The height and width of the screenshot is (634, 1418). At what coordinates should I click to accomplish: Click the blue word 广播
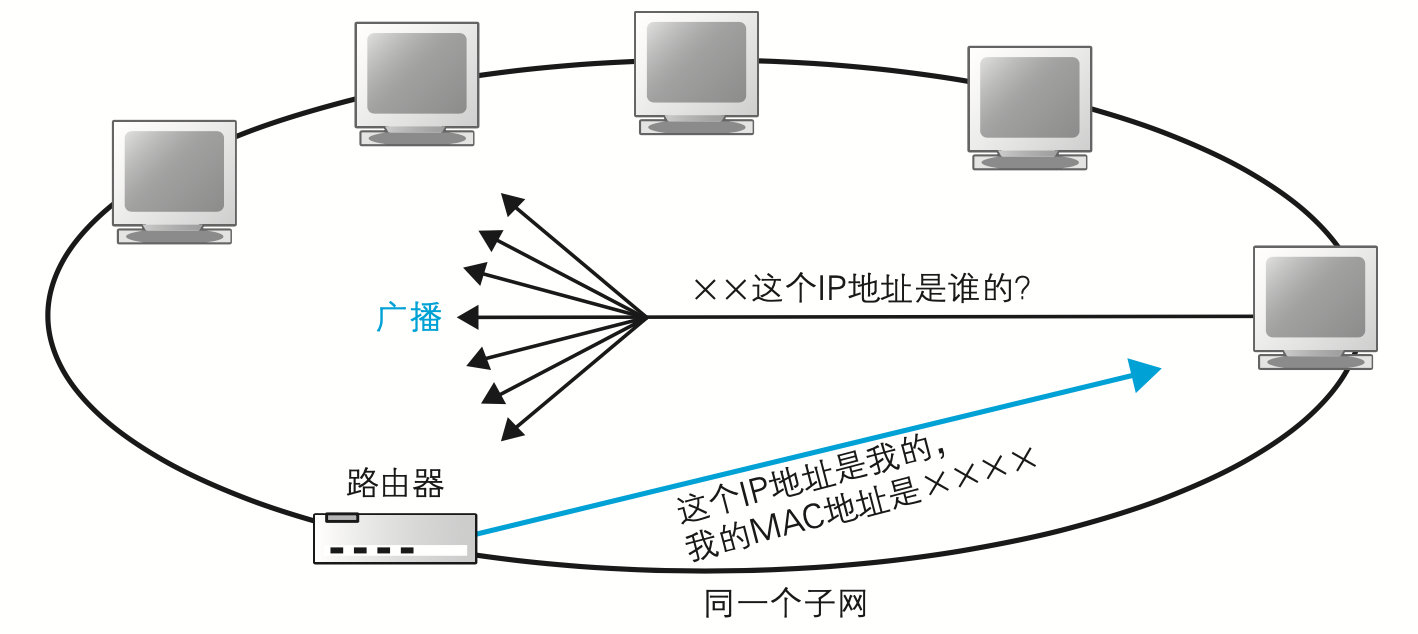click(x=409, y=317)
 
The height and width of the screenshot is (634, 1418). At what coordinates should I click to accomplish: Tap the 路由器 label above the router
click(x=395, y=484)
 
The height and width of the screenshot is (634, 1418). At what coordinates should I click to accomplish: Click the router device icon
click(x=395, y=538)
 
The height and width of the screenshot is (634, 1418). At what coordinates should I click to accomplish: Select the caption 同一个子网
click(x=785, y=605)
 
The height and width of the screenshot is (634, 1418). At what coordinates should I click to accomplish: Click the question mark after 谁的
click(x=1022, y=290)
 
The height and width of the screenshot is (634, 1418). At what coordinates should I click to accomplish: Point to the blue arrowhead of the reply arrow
click(x=1145, y=373)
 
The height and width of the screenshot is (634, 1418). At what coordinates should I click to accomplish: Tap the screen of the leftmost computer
click(x=174, y=171)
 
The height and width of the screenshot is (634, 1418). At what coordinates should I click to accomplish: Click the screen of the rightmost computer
click(x=1315, y=296)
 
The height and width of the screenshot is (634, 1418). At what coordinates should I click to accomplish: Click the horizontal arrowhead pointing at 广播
click(x=466, y=318)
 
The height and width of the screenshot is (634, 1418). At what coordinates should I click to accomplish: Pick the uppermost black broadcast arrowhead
click(x=512, y=204)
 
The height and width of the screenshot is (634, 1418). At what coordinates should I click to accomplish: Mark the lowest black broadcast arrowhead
click(x=512, y=430)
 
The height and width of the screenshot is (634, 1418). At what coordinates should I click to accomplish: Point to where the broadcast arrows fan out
click(x=646, y=318)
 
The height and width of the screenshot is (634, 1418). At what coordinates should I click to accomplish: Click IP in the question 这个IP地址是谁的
click(x=831, y=290)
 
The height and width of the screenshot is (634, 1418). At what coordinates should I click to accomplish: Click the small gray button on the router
click(x=342, y=518)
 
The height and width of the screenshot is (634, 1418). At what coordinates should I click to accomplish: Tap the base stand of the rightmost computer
click(x=1315, y=360)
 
